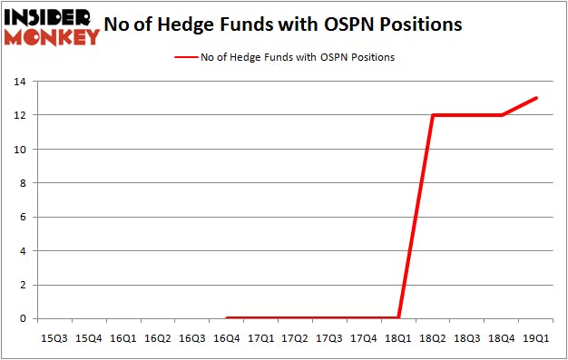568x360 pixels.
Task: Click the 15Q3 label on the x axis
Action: (54, 338)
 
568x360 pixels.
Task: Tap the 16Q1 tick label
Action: (122, 338)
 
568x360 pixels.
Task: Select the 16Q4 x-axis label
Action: (226, 338)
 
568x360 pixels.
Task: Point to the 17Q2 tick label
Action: (295, 338)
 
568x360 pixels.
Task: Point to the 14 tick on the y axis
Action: (19, 82)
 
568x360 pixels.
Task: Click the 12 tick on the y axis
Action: (19, 115)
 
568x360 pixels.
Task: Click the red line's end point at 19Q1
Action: (537, 98)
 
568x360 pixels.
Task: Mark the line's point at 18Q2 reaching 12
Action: (434, 115)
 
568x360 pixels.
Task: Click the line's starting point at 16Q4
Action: (226, 318)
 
